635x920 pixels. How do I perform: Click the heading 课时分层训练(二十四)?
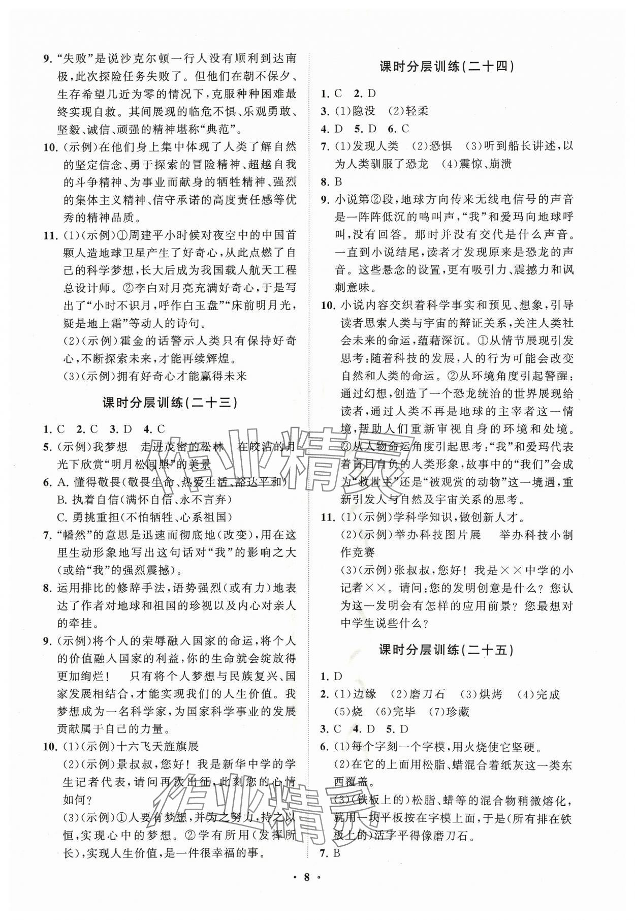[447, 67]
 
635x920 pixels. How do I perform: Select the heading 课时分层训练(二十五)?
[447, 650]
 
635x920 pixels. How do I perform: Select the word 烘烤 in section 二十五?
[491, 694]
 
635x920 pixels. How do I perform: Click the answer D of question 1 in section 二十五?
[338, 677]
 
